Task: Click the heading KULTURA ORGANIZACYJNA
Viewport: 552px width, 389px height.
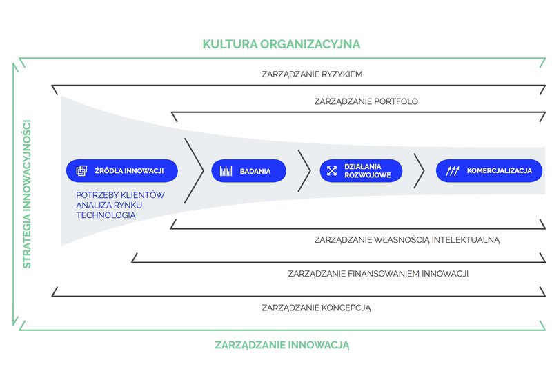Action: click(282, 44)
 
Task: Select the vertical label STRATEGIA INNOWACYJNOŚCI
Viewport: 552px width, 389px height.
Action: click(27, 194)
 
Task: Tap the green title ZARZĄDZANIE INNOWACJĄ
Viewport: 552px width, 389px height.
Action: click(282, 345)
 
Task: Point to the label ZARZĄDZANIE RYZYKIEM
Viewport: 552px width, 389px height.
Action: click(312, 74)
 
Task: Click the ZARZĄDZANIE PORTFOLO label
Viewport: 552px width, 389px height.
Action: click(366, 101)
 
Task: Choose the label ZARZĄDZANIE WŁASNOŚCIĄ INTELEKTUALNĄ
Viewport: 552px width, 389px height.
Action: click(407, 240)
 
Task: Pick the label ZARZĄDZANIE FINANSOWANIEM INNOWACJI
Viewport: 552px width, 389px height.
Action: click(378, 274)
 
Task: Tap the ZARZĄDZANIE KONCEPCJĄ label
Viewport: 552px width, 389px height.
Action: click(316, 308)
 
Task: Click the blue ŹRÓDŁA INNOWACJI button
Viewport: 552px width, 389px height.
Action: click(122, 171)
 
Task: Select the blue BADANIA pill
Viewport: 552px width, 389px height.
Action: click(248, 171)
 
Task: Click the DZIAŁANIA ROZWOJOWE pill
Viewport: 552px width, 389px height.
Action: click(361, 171)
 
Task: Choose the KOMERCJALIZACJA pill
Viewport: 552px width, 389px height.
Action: click(489, 171)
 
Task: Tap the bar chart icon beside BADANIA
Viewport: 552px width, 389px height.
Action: click(226, 171)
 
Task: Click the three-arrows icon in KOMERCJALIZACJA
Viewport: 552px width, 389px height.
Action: click(453, 171)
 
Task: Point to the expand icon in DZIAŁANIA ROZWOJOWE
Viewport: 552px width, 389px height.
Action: click(332, 171)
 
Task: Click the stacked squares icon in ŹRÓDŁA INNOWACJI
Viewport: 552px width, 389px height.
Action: click(81, 171)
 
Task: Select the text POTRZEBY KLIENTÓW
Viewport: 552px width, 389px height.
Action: click(120, 195)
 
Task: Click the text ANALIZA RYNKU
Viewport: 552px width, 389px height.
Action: click(109, 205)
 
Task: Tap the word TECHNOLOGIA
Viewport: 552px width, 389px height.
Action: click(106, 215)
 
